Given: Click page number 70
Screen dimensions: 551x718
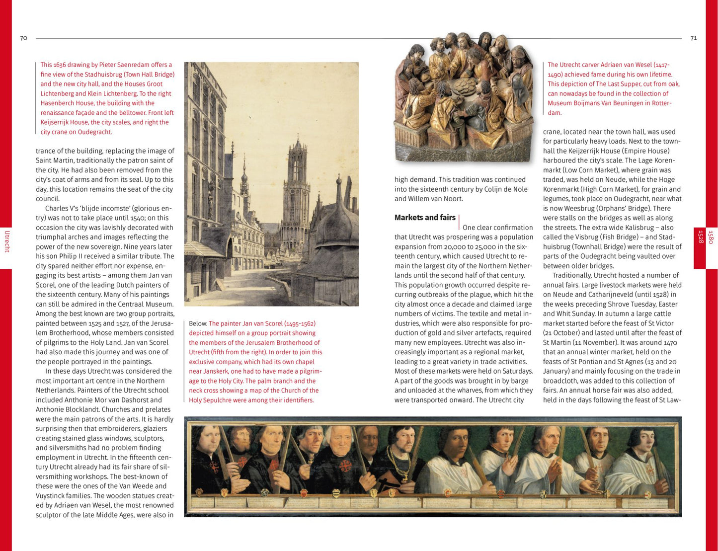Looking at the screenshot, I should click(x=23, y=38).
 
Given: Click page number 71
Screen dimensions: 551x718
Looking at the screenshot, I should click(x=694, y=38).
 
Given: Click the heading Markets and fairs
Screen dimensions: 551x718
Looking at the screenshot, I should click(x=425, y=218).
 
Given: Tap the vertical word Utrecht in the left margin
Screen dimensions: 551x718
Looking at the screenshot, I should click(x=6, y=241).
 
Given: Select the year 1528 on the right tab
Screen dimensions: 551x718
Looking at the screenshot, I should click(x=701, y=237).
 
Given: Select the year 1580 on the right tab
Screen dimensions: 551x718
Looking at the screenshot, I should click(x=711, y=237).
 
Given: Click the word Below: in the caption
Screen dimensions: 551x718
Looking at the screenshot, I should click(x=198, y=323).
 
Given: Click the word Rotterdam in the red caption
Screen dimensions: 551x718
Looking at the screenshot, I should click(x=661, y=103).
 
